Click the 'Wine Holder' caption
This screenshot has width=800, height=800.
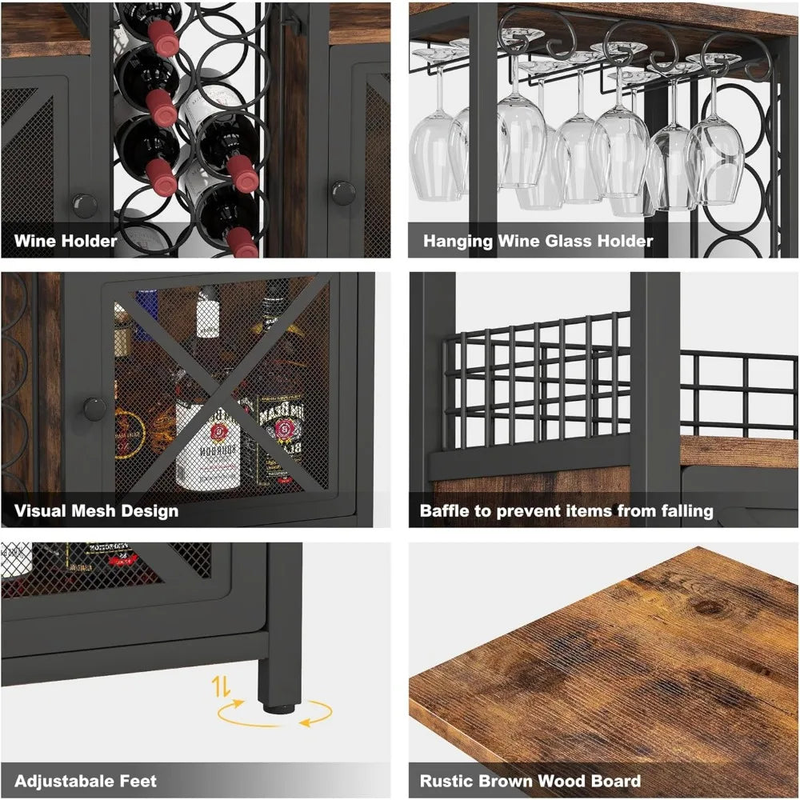(x=66, y=240)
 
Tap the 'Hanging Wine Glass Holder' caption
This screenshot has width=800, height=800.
(x=538, y=240)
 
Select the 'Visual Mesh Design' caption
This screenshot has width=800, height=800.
(x=96, y=510)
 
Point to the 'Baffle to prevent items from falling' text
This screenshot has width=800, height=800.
(x=566, y=510)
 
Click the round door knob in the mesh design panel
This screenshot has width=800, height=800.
(x=94, y=409)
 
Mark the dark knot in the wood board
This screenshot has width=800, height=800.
(x=707, y=606)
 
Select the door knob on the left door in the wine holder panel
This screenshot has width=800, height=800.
(x=83, y=203)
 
